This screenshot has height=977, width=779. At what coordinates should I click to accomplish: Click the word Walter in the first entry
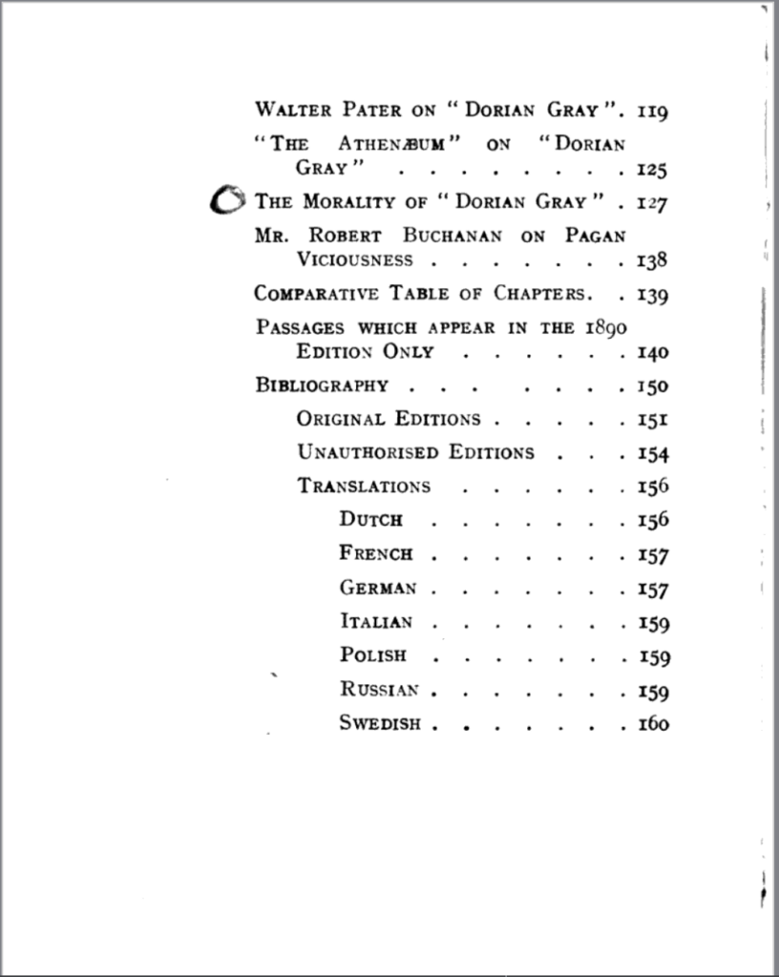[x=289, y=110]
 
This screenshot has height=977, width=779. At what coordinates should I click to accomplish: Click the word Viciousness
[x=355, y=260]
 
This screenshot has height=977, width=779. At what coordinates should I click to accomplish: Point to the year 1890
[x=604, y=327]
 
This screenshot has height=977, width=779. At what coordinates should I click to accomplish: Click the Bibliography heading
[x=322, y=385]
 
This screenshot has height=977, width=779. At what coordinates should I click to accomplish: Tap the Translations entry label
[x=364, y=486]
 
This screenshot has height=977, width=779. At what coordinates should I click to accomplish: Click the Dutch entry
[x=371, y=520]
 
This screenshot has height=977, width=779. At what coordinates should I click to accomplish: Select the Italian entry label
[x=376, y=622]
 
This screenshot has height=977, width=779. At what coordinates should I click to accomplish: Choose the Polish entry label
[x=373, y=655]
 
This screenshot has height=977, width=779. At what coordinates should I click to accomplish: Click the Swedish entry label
[x=380, y=723]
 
